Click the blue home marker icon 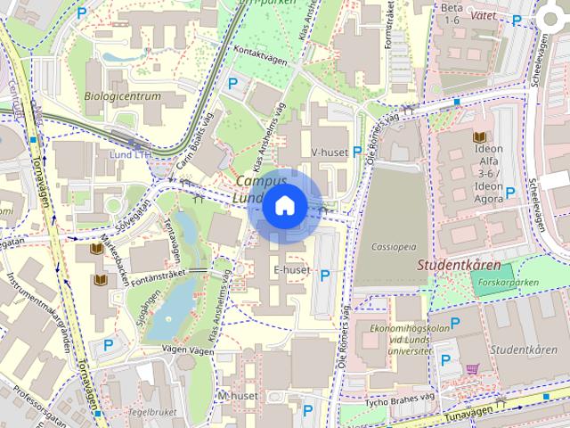[284, 206]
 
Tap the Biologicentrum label [122, 96]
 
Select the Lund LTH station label [131, 154]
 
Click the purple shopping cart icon [472, 368]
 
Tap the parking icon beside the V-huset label [357, 152]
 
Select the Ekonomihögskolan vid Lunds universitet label [395, 340]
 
